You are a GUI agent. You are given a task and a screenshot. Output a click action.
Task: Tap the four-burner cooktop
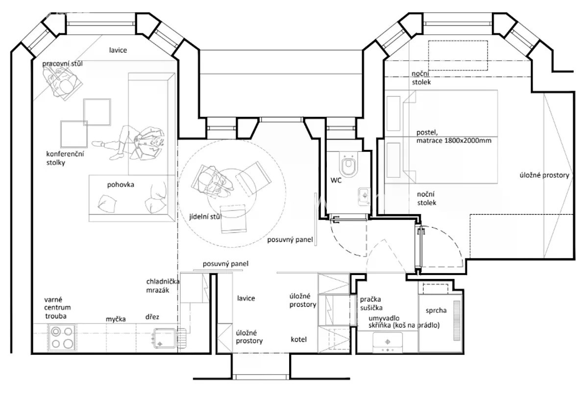coord(62,338)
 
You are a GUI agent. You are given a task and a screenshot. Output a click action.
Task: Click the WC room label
coord(336,181)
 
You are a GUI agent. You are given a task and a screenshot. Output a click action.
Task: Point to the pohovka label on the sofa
coord(121,185)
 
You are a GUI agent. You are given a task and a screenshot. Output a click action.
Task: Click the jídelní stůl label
coord(205,217)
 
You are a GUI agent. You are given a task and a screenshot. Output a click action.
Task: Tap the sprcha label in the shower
coord(436,311)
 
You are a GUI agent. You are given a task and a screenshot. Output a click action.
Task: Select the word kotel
coord(299,340)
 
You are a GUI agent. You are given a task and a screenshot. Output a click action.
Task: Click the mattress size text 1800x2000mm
coord(468,140)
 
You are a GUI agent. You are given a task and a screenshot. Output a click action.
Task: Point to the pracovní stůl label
coord(63,64)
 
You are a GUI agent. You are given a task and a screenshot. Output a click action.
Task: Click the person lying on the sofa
coord(128,142)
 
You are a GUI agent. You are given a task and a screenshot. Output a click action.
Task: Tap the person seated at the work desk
coord(63,82)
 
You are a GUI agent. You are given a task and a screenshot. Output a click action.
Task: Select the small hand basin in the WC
coord(365,196)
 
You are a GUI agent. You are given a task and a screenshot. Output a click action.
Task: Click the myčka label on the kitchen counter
coord(116,319)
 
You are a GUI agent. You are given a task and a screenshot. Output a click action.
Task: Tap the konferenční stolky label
coord(65,159)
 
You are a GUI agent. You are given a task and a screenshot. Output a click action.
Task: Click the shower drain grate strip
coord(457,321)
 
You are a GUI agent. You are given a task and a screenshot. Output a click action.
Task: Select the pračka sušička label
coord(371,304)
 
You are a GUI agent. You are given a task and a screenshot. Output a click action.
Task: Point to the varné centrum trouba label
coord(57,308)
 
